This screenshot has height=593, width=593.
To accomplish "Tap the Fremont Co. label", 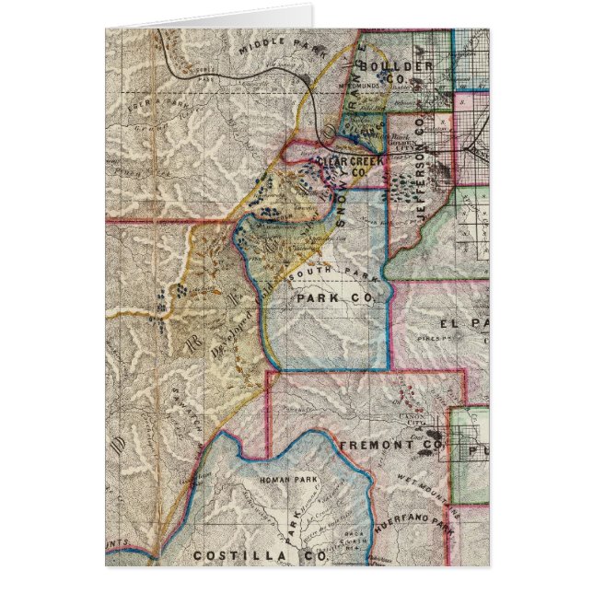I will (x=382, y=445).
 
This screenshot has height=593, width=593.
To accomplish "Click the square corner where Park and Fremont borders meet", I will (x=268, y=372).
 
